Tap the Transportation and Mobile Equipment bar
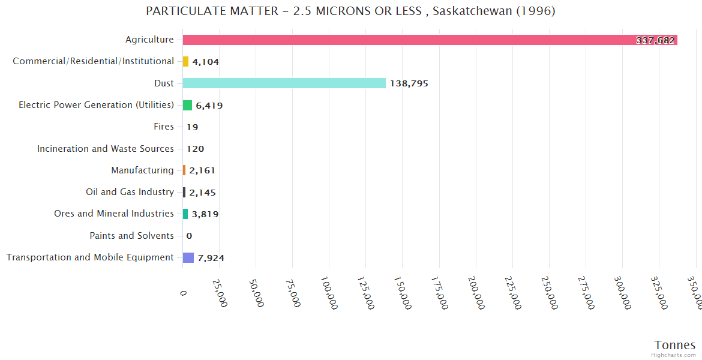click(x=188, y=257)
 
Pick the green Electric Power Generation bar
click(x=187, y=106)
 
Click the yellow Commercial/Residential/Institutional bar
click(x=186, y=62)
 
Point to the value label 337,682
click(x=655, y=41)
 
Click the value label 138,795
click(x=409, y=83)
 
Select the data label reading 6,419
click(x=209, y=106)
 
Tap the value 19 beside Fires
click(x=192, y=127)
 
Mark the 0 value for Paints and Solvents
click(x=189, y=236)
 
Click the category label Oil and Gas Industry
click(x=130, y=192)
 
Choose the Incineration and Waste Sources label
click(x=106, y=149)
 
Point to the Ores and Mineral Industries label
click(x=114, y=214)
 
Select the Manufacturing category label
click(x=142, y=170)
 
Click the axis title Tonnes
click(x=675, y=345)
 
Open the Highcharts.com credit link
click(x=674, y=355)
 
